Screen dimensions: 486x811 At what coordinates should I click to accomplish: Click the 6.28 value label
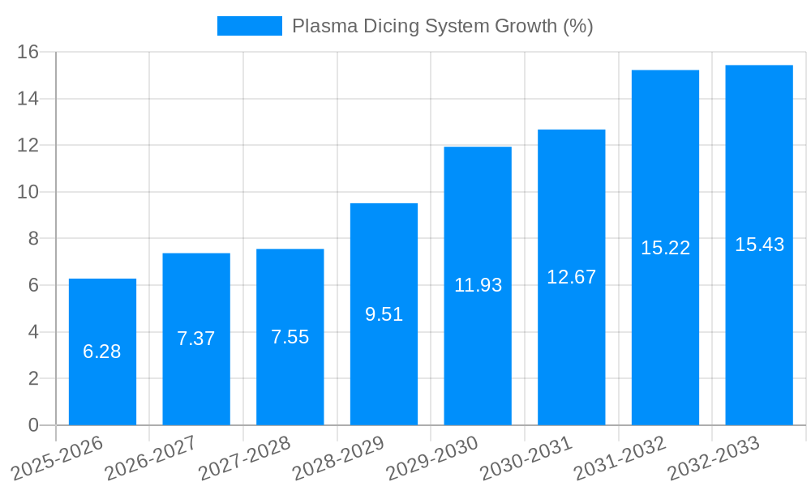[102, 352]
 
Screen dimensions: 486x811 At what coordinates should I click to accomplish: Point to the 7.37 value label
[196, 339]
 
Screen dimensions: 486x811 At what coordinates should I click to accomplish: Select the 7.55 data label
[290, 337]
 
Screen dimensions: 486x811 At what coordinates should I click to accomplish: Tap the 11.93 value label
[478, 285]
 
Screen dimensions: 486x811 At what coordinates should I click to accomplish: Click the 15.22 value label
[665, 248]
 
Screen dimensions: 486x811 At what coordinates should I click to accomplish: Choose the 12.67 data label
[571, 277]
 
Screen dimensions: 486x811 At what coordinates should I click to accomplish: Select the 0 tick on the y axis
[33, 425]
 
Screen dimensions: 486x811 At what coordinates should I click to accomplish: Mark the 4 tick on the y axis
[33, 332]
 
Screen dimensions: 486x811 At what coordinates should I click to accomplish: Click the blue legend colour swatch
[249, 26]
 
